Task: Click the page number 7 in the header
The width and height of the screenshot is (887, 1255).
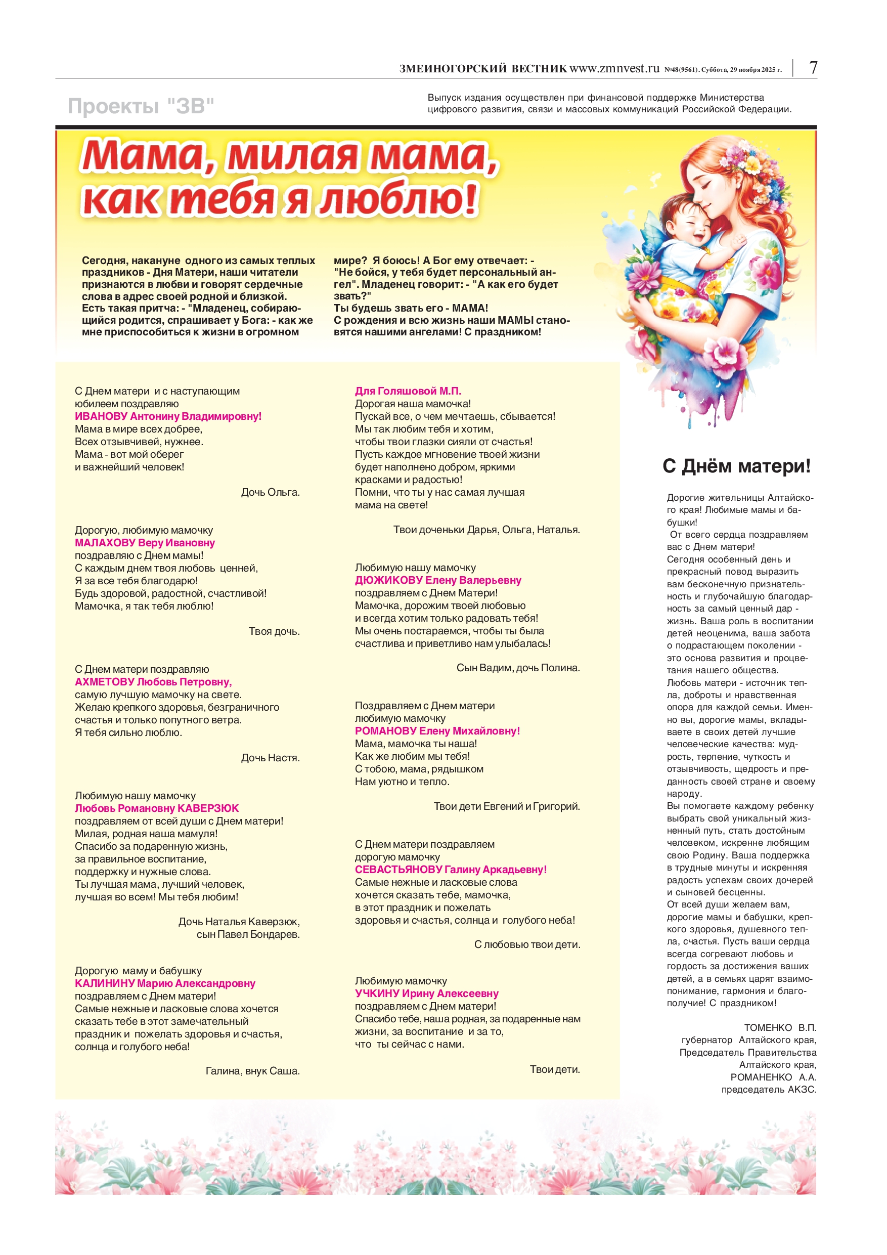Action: coord(813,68)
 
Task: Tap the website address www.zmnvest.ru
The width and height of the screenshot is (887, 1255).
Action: coord(614,69)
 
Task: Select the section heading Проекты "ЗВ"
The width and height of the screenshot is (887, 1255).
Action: coord(141,106)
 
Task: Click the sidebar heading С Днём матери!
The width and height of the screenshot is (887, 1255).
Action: coord(736,466)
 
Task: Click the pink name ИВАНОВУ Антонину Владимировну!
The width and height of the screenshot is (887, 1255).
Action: coord(168,416)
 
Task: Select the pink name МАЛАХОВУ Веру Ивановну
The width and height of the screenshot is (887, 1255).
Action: coord(145,543)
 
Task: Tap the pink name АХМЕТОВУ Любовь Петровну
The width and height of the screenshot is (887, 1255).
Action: coord(153,682)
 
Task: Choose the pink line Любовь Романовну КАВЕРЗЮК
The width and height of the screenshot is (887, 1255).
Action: coord(157,808)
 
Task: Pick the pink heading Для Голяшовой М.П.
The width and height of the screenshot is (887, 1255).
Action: coord(408,392)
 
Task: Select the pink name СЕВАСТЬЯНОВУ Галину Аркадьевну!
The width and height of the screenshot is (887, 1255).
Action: coord(451,870)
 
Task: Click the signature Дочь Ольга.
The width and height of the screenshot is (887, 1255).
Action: coord(270,493)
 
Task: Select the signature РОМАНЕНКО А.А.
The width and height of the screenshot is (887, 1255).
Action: coord(773,1077)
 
